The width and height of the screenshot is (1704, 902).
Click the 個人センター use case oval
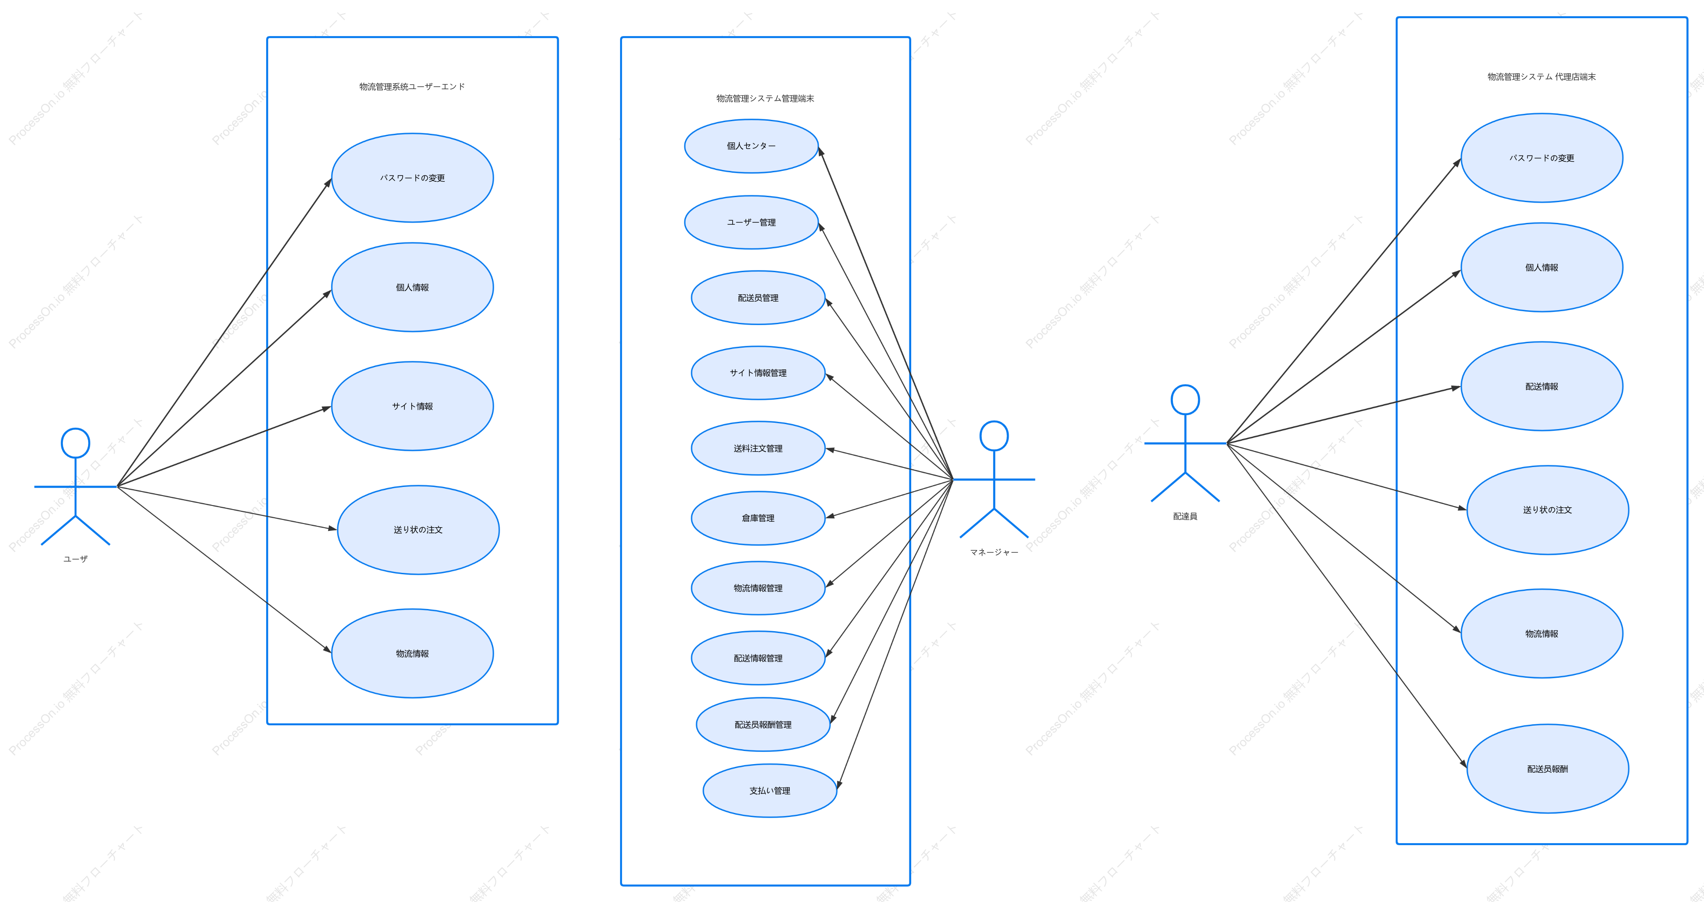(752, 146)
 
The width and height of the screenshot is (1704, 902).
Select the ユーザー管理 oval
(752, 222)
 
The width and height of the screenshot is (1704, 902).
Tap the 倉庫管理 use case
(758, 518)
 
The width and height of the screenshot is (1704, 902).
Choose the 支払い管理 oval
(770, 791)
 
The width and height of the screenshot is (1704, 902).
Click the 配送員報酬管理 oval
(763, 725)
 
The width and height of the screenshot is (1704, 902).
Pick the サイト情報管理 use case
(758, 373)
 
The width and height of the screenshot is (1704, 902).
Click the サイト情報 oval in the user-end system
(412, 406)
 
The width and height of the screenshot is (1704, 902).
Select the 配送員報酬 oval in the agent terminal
(1548, 769)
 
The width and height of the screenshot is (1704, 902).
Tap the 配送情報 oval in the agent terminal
(1542, 387)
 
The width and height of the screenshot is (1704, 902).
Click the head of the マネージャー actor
(994, 436)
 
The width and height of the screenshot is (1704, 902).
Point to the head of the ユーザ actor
(75, 444)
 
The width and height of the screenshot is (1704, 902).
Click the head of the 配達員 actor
(1186, 400)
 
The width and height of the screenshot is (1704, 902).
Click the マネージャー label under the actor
(994, 553)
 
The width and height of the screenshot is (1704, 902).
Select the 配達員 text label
(1186, 516)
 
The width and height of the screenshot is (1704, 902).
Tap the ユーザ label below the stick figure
(75, 559)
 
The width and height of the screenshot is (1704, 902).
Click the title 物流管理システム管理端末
(765, 99)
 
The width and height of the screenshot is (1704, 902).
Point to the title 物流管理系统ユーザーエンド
(412, 87)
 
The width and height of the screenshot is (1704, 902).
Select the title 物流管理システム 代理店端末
(1542, 77)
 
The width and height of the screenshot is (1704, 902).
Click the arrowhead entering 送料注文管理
(830, 450)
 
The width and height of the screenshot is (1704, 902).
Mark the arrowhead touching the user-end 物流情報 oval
(327, 649)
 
